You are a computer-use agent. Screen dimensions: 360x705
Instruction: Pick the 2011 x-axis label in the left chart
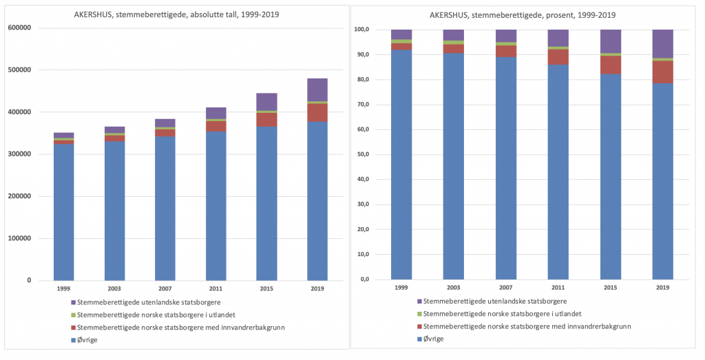point(215,288)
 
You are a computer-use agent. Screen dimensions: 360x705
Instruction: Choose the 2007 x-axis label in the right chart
point(505,288)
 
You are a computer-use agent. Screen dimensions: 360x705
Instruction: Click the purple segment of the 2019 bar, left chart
point(317,89)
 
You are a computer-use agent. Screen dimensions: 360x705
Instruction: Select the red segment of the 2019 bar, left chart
point(317,112)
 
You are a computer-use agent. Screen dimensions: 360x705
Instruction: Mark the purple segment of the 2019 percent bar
point(662,43)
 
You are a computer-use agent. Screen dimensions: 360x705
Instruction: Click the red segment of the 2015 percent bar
point(610,65)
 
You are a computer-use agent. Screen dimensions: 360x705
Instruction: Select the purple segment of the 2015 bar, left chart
point(266,101)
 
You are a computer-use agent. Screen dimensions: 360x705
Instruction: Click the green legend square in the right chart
point(419,313)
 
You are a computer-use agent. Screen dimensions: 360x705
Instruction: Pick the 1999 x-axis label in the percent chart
point(401,288)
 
